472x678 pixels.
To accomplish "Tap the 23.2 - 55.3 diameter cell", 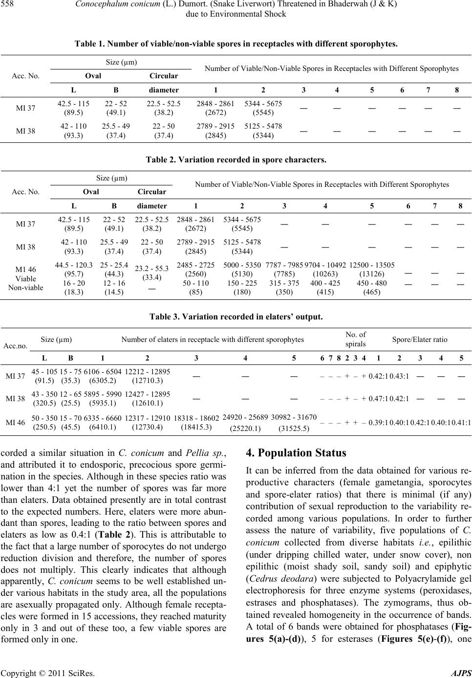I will pyautogui.click(x=151, y=268).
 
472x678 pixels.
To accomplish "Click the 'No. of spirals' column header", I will pyautogui.click(x=356, y=339).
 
